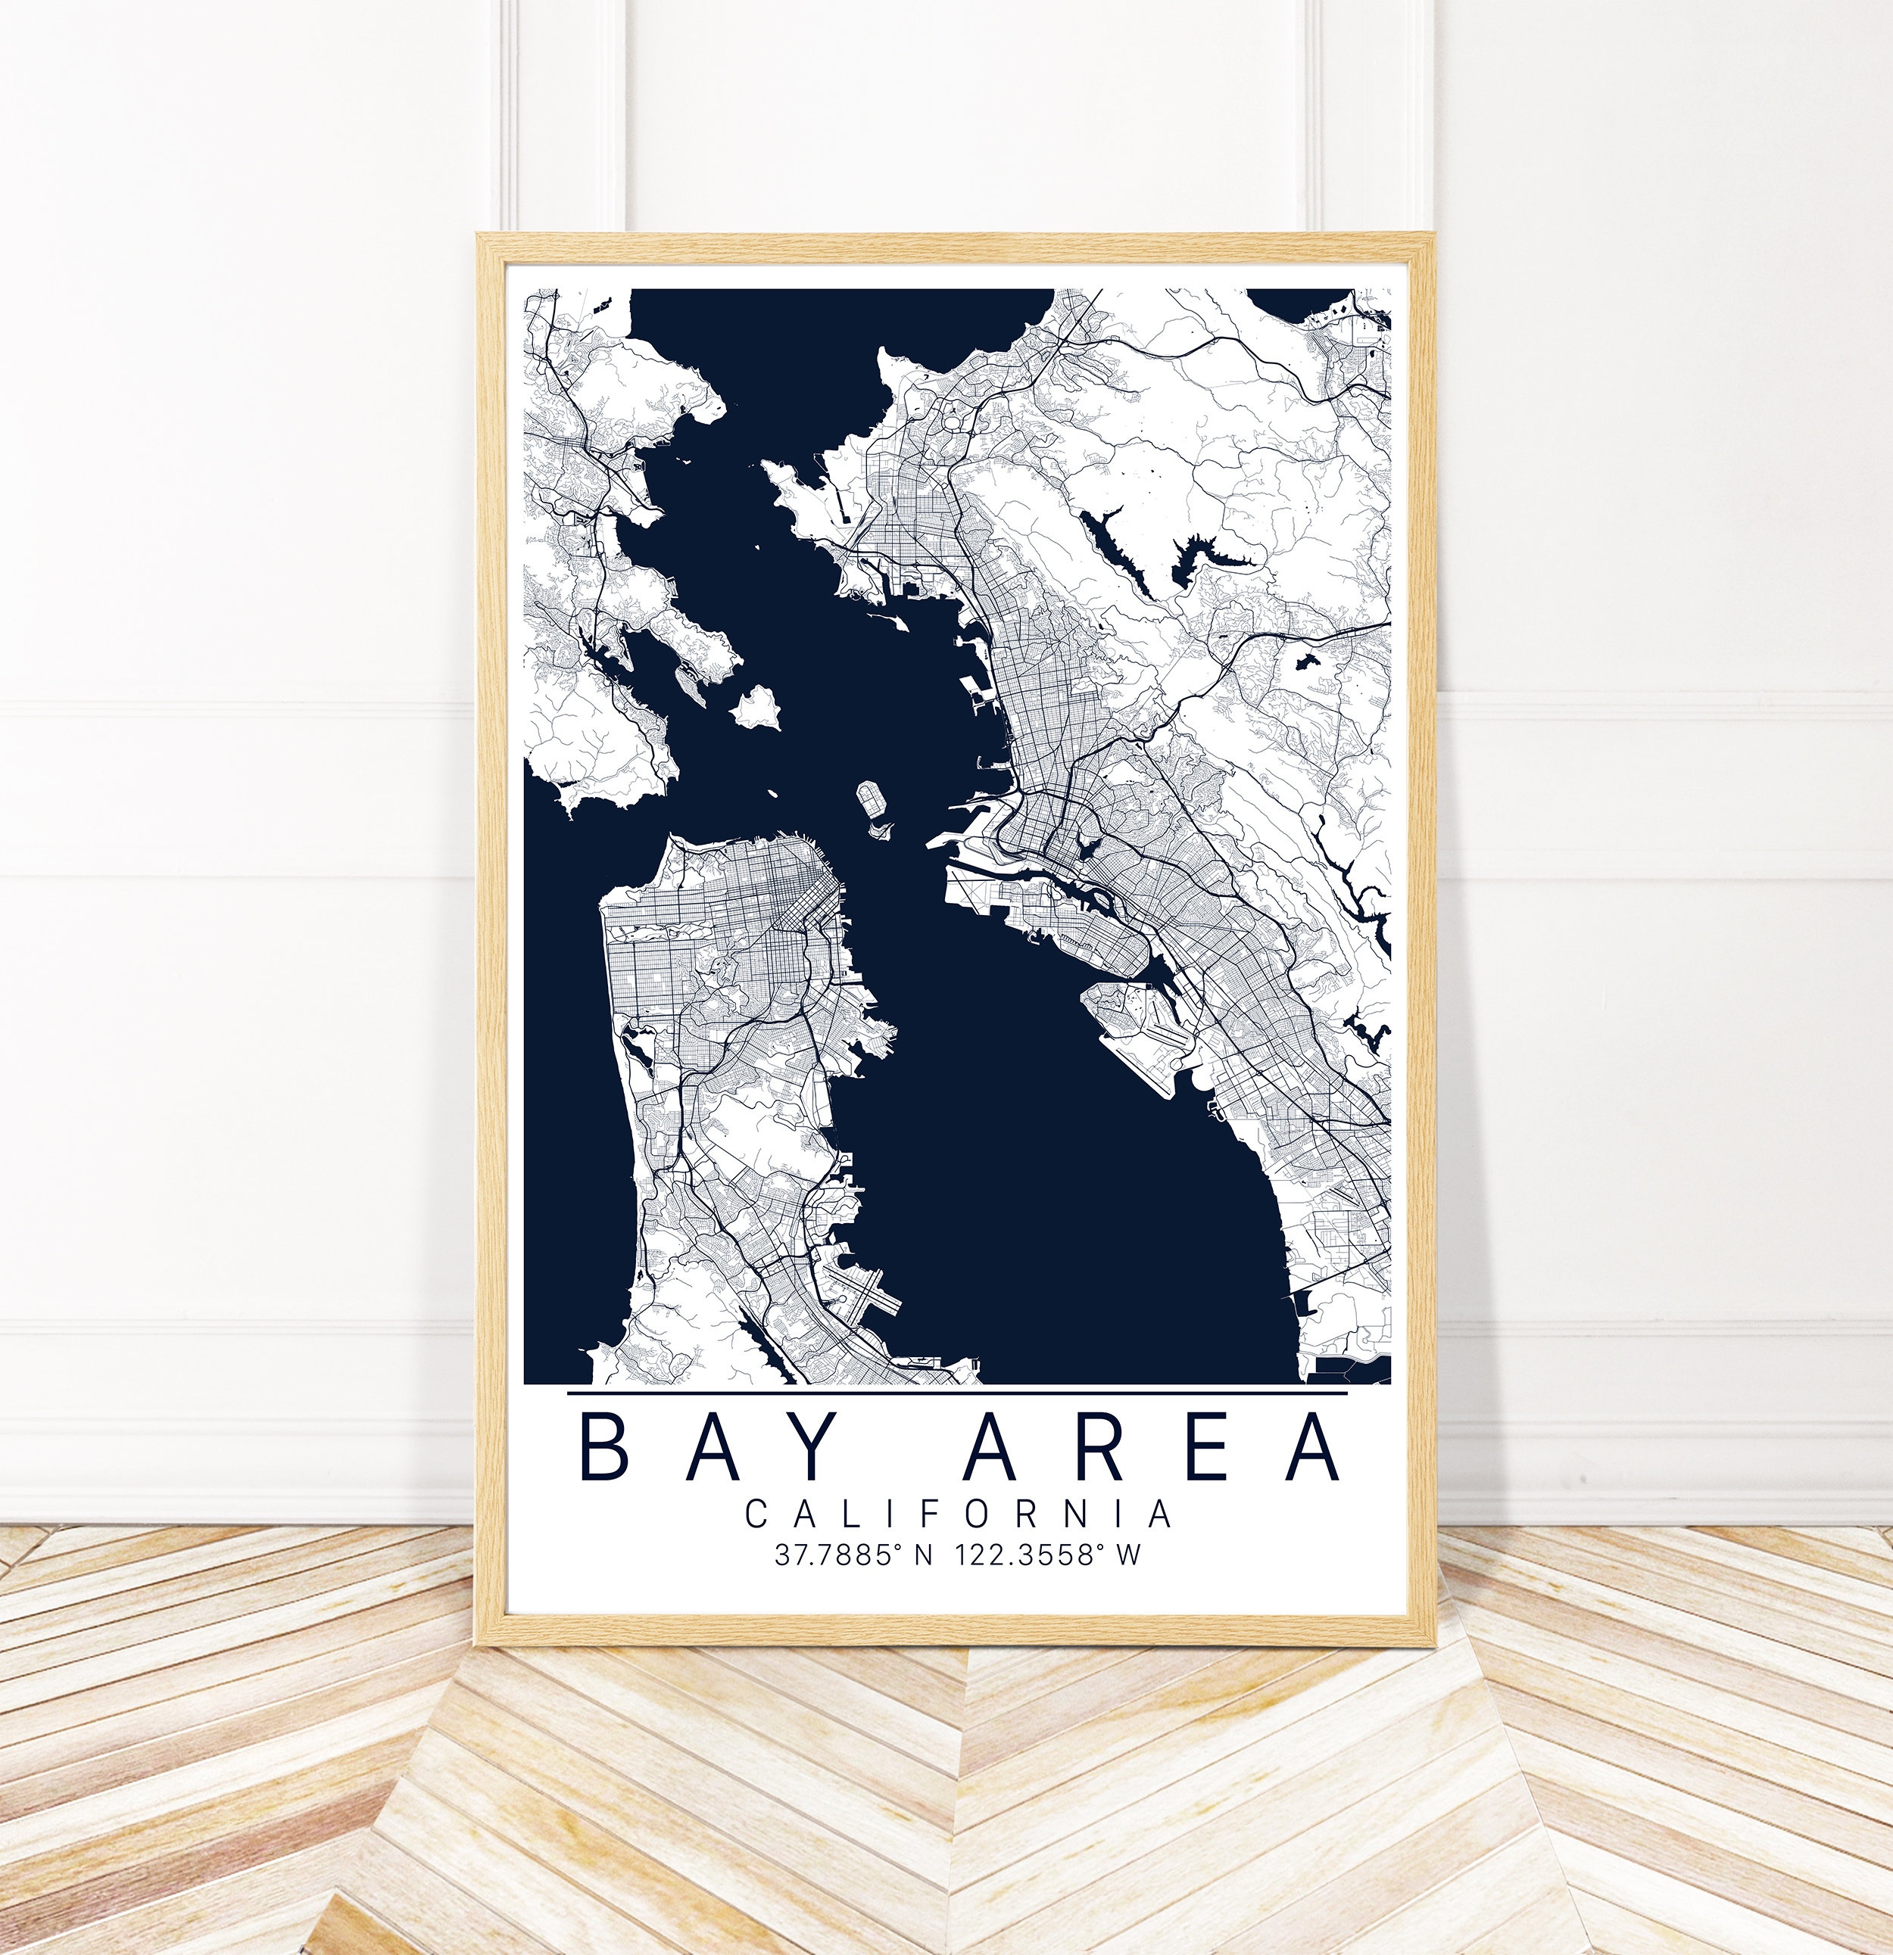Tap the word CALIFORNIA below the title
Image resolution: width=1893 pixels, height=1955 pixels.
pyautogui.click(x=958, y=1515)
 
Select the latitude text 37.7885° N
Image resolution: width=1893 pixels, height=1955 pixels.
pyautogui.click(x=853, y=1555)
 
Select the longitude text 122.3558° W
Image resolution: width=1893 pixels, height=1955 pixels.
pyautogui.click(x=1048, y=1555)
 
